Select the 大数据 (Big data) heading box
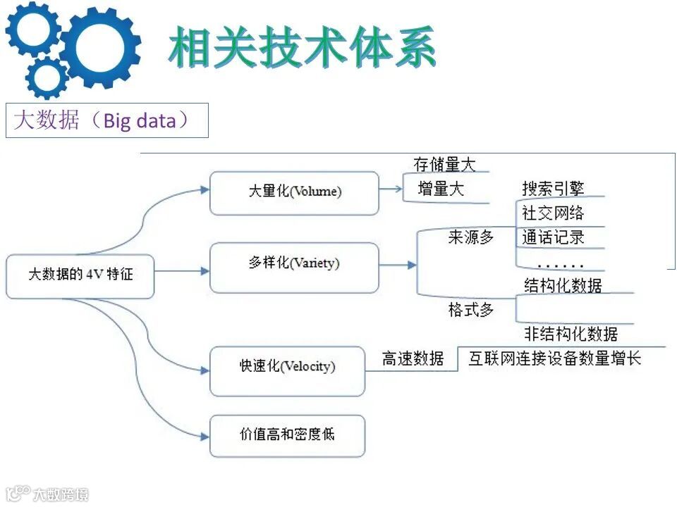pos(106,120)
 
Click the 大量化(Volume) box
pos(294,192)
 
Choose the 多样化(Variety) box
pos(294,264)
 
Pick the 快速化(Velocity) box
pos(287,367)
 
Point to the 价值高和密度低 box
pos(287,434)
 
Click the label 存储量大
pos(444,165)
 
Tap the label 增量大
pos(441,189)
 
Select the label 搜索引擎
pos(553,188)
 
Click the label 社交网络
pos(553,212)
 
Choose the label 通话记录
pos(553,237)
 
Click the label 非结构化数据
pos(571,333)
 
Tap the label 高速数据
pos(413,358)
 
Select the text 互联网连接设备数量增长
pos(554,358)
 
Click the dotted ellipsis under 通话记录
pos(560,265)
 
